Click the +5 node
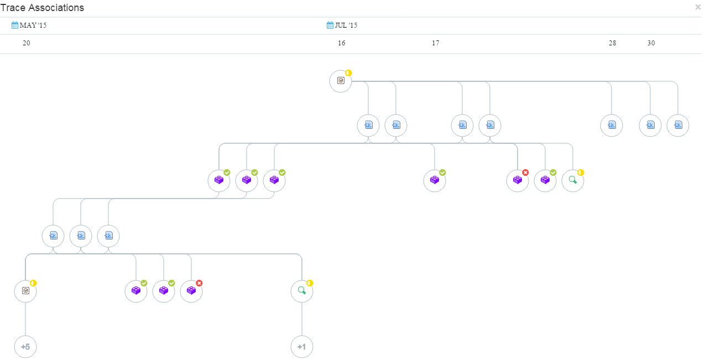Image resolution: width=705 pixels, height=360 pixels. tap(25, 347)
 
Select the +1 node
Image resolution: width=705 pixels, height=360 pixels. tap(302, 347)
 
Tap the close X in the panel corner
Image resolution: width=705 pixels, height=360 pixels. tap(698, 7)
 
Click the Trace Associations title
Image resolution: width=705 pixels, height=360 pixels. tap(42, 8)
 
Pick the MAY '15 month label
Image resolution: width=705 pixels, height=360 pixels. tap(33, 25)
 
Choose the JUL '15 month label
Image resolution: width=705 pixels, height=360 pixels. tap(346, 25)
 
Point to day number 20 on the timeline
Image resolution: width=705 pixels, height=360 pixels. tap(27, 43)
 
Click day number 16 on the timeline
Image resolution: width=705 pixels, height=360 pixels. tap(342, 43)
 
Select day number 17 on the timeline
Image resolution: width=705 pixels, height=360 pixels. tap(436, 43)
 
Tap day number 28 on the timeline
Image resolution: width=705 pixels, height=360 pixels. tap(612, 43)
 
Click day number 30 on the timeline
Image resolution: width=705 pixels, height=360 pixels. tap(651, 43)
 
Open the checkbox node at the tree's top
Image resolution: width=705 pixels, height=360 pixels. tap(341, 81)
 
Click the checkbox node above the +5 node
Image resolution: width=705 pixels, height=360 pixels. tap(25, 291)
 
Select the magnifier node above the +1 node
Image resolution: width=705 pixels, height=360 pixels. tap(302, 291)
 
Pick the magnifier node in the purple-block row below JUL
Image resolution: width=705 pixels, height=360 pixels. tap(573, 181)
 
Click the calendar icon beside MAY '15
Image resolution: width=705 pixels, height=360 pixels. tap(15, 25)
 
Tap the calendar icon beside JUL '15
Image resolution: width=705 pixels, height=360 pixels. tap(330, 25)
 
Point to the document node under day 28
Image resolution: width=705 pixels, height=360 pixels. tap(612, 126)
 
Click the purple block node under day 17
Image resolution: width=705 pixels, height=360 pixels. tap(435, 181)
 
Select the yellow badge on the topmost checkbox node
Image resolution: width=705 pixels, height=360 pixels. tap(348, 73)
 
